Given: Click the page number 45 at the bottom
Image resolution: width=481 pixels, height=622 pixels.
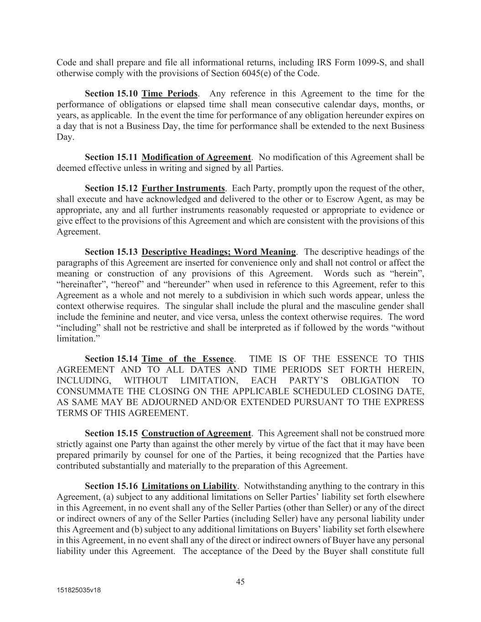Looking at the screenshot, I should click(x=240, y=581).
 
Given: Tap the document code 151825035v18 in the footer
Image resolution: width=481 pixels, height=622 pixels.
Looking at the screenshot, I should click(x=78, y=590).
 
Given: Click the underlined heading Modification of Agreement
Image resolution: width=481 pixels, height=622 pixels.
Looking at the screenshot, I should click(x=196, y=158).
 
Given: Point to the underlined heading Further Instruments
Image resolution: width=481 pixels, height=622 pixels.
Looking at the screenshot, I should click(x=183, y=189).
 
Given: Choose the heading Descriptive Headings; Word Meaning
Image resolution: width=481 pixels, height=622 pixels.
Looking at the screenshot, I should click(x=218, y=252).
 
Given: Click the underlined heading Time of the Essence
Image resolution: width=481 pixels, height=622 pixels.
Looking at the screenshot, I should click(x=187, y=359).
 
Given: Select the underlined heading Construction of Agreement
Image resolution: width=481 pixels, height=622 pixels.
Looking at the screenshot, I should click(x=196, y=433).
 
